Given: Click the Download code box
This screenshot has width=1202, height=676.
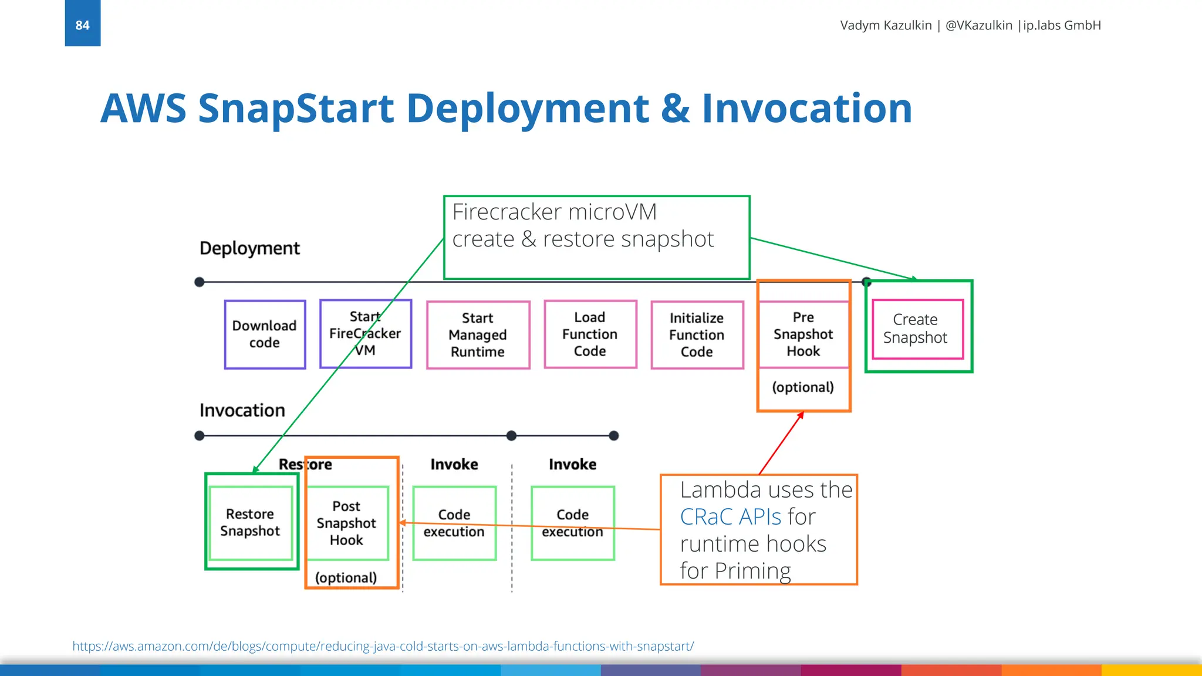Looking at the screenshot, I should tap(265, 334).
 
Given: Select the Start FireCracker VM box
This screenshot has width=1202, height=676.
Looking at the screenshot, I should tap(365, 334).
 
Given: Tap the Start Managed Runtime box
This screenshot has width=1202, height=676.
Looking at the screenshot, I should tap(478, 334).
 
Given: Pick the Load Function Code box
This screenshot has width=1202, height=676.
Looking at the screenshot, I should tap(590, 334).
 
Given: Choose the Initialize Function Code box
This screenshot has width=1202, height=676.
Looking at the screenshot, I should tap(697, 334).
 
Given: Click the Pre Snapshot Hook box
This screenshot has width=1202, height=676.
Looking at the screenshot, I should tap(803, 334).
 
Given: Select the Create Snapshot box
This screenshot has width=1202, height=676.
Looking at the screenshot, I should tap(917, 329).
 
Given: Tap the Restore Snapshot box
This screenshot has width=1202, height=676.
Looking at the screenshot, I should tap(251, 522).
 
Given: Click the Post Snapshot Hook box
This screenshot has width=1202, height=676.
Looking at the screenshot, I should tap(346, 523).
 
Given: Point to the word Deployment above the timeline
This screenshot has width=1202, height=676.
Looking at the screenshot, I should tap(249, 248).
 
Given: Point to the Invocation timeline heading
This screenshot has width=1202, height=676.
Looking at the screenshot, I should tap(242, 410).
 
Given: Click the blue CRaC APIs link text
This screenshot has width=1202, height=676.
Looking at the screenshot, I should tap(731, 517).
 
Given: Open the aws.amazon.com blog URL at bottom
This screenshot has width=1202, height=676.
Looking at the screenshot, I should tap(383, 646).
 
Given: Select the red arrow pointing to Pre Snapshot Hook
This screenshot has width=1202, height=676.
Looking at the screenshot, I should tap(781, 443).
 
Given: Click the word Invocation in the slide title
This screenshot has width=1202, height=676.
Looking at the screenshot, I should tap(806, 109).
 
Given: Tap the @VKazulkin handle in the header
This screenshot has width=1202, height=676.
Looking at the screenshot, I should tap(978, 25).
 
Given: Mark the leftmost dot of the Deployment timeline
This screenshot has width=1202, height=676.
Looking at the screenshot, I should tap(200, 282).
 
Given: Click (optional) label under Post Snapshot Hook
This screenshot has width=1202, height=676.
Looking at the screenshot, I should tap(346, 577).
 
